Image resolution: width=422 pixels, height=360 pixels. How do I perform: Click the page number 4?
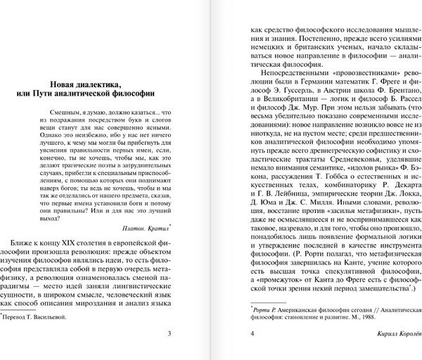(x=243, y=333)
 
